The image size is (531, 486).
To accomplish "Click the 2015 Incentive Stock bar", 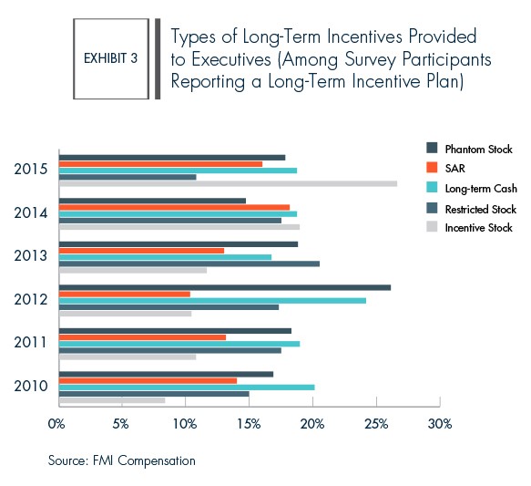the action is [229, 183].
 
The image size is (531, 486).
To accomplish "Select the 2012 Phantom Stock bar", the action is [225, 288].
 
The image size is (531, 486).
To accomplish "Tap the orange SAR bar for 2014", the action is [174, 207].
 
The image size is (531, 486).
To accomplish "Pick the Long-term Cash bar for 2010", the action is [187, 388].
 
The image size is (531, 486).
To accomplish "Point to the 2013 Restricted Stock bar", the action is [189, 264].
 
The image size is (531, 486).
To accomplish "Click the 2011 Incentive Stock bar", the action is [128, 357].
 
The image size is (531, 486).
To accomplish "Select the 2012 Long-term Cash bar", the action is [212, 301].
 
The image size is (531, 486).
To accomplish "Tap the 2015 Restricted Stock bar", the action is [128, 177].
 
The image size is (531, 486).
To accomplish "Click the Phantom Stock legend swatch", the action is [432, 148].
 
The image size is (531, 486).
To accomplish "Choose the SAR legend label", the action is [454, 169].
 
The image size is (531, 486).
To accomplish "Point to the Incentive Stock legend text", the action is [478, 228].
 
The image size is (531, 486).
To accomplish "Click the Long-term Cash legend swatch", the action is [432, 188].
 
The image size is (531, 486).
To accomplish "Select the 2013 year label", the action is [30, 256].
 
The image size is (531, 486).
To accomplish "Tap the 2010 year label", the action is [30, 386].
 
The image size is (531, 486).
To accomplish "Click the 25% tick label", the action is [376, 424].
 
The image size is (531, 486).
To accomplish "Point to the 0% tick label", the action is [56, 424].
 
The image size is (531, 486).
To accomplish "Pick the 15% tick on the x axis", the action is [250, 401].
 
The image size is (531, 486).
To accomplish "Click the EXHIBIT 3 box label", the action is [111, 58].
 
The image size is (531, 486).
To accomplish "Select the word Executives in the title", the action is [231, 59].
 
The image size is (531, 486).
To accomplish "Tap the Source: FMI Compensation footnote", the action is [121, 460].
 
